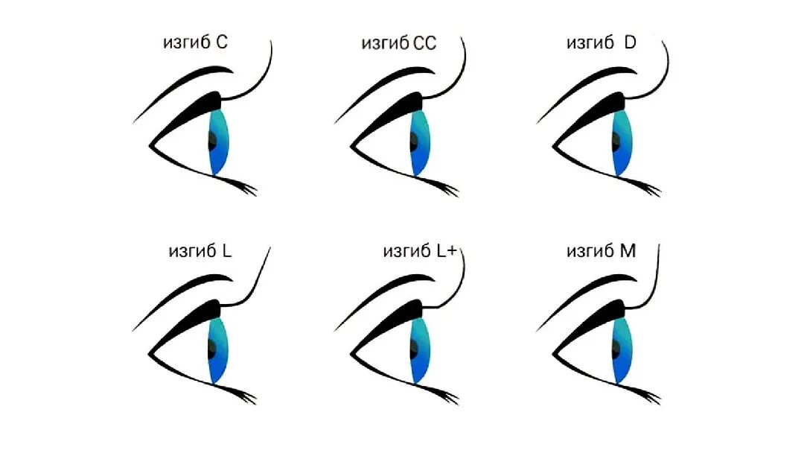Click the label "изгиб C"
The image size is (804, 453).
[x=195, y=43]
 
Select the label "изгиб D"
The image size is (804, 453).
[x=601, y=43]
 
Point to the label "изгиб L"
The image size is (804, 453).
[x=200, y=251]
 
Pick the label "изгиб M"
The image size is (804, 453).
[x=601, y=251]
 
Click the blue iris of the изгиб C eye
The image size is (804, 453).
[x=219, y=142]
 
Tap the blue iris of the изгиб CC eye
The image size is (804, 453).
[x=421, y=142]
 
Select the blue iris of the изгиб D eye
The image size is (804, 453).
[x=623, y=142]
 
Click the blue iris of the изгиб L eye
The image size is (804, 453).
[x=219, y=349]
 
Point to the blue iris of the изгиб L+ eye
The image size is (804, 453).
[x=421, y=349]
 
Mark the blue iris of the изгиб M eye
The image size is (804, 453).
[x=623, y=349]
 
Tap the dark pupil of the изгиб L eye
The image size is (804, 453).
[x=211, y=346]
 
